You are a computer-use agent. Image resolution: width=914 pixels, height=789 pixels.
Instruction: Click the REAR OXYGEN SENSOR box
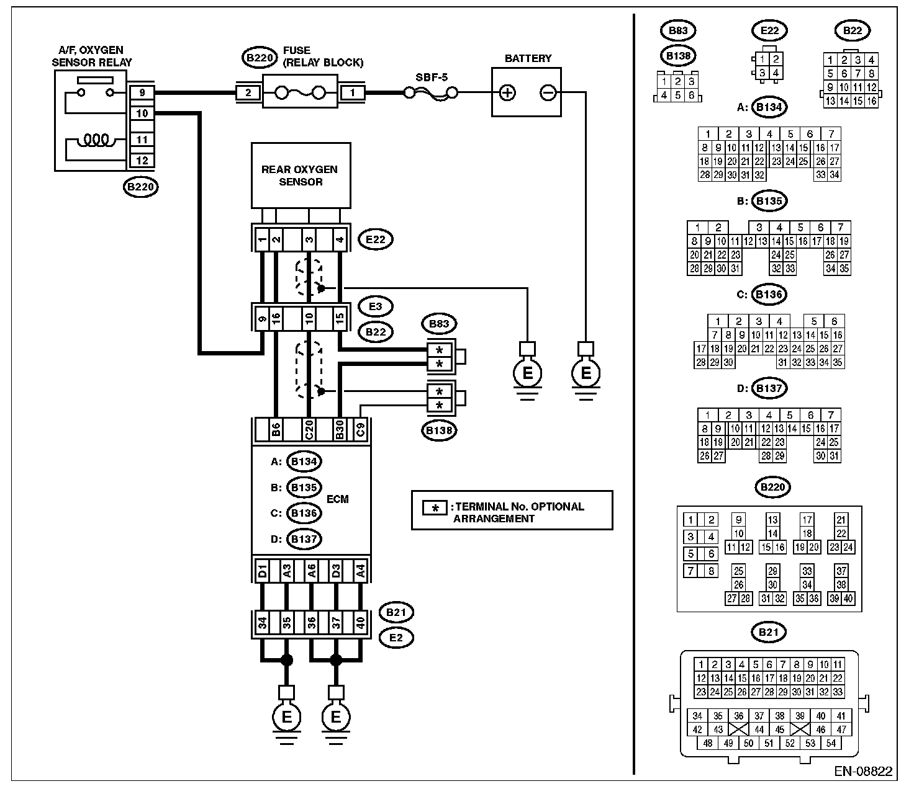click(x=301, y=176)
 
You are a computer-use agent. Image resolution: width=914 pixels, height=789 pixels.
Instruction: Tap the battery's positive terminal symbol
click(x=507, y=93)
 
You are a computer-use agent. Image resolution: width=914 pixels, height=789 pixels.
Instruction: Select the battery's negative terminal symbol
click(x=548, y=93)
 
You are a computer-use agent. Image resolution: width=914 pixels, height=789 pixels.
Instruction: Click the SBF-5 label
click(x=432, y=78)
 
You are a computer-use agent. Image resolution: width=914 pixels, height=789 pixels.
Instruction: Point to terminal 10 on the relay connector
click(x=142, y=114)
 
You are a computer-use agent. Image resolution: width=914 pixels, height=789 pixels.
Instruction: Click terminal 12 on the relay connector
click(x=142, y=161)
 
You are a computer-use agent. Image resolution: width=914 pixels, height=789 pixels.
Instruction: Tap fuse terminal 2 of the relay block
click(x=248, y=93)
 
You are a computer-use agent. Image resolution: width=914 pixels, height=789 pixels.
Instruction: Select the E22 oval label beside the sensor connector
click(x=376, y=239)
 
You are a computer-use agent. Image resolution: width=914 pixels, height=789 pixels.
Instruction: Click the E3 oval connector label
click(x=376, y=306)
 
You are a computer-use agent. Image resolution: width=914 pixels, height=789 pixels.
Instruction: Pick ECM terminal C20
click(x=309, y=429)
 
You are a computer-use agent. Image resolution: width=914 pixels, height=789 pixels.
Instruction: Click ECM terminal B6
click(x=276, y=429)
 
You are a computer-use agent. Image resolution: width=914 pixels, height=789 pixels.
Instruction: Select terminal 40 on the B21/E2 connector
click(x=360, y=623)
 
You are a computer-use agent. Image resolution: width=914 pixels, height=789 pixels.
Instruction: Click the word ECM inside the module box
click(x=337, y=499)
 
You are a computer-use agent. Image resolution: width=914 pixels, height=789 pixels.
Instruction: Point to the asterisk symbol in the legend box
click(x=435, y=508)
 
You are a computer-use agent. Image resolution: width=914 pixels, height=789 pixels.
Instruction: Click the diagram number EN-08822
click(x=863, y=772)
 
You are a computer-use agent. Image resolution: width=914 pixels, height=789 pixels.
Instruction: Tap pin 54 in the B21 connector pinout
click(x=831, y=744)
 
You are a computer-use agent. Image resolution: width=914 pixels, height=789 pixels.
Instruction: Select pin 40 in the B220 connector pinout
click(x=848, y=599)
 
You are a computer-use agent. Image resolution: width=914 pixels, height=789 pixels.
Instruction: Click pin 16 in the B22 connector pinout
click(x=871, y=101)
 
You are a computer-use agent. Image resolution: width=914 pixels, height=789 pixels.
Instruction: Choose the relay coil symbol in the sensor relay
click(x=96, y=140)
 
